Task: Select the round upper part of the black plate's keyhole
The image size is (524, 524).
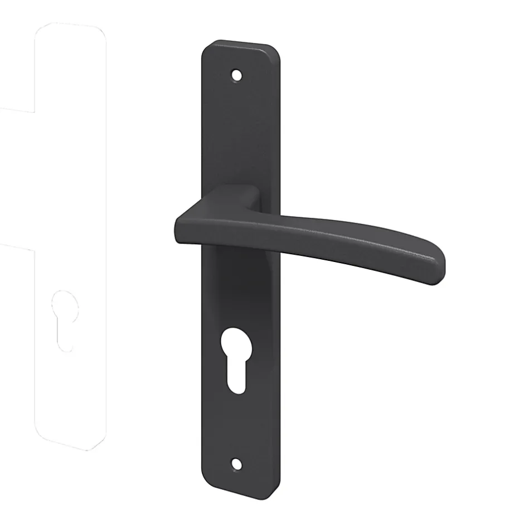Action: click(x=237, y=345)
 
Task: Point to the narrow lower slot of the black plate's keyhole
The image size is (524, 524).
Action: click(x=238, y=379)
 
